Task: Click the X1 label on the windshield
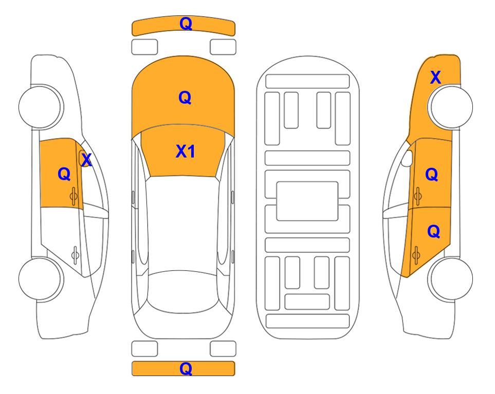coord(186,151)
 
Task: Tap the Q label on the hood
coord(185,97)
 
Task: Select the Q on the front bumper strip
coord(186,24)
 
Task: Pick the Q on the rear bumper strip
coord(186,368)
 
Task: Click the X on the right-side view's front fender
coord(435,77)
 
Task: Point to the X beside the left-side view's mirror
coord(86,160)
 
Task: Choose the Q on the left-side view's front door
coord(64,174)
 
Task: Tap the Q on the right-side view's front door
coord(432,174)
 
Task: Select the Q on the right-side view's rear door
coord(433,232)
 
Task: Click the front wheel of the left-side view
coord(41,107)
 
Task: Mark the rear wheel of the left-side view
coord(41,279)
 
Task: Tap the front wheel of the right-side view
coord(450,107)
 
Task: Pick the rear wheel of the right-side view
coord(450,279)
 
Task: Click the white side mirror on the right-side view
coord(407,158)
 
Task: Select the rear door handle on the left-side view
coord(75,254)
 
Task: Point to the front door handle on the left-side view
coord(74,196)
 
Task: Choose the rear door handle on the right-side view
coord(416,254)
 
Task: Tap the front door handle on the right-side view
coord(417,196)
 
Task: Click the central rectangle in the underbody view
coord(307,201)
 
